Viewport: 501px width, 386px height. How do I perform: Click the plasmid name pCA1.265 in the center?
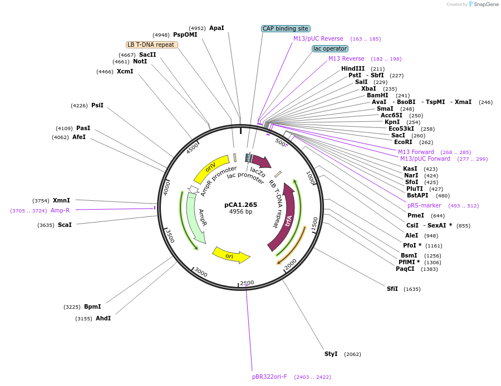240,205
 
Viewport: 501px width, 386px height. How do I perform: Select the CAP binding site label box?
285,28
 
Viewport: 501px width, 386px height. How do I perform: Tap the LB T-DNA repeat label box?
151,44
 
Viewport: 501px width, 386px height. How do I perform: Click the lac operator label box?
330,48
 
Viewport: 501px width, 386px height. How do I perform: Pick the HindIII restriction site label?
353,68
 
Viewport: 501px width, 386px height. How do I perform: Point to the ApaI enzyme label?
217,28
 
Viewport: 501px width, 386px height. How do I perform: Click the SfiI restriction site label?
392,289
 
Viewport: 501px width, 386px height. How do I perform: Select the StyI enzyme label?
331,354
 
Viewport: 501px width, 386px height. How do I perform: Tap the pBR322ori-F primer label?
269,377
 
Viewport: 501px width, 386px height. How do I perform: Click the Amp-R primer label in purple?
60,210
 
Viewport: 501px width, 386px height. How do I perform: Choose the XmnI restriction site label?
61,200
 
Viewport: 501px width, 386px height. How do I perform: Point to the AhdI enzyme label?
103,318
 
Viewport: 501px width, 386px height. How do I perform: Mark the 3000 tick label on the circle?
200,273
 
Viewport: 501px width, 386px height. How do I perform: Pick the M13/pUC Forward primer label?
425,159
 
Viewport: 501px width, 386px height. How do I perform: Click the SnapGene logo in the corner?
482,4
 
